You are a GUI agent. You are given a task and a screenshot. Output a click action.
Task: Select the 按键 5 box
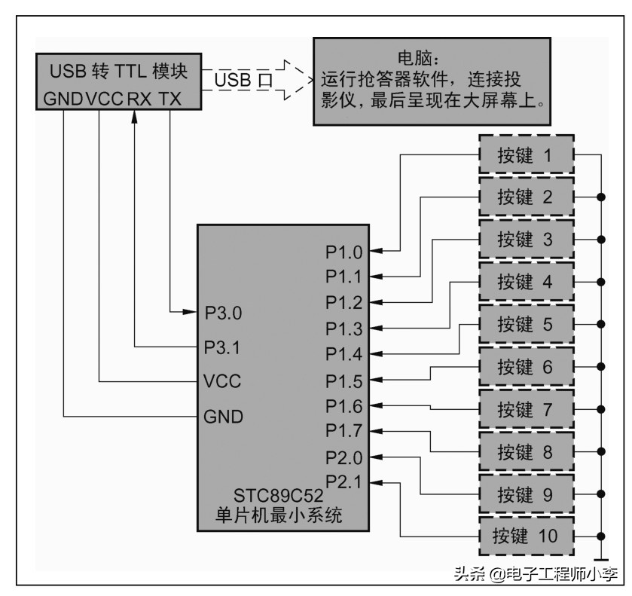pos(525,325)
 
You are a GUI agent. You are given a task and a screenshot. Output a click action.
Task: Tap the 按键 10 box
pos(525,536)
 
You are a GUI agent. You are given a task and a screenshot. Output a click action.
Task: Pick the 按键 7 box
pos(525,409)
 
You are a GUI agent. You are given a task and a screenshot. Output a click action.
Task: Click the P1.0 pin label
pos(344,251)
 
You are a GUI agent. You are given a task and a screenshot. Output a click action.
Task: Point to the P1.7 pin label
pos(344,431)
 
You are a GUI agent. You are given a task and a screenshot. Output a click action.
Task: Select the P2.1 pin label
pos(344,481)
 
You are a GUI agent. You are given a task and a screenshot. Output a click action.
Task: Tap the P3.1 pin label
pos(224,347)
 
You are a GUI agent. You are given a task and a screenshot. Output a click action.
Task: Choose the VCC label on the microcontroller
pos(222,381)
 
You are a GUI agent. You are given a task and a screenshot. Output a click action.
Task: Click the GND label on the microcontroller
pos(224,415)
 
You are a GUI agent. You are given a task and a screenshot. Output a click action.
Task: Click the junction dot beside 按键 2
pos(601,197)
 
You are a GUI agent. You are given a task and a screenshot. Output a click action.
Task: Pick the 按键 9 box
pos(525,494)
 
